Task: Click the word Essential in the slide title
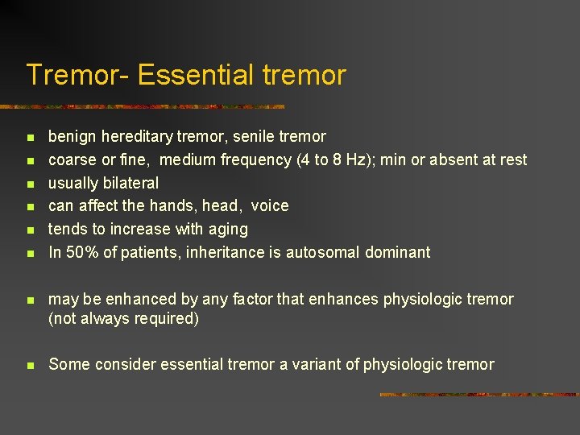pos(195,75)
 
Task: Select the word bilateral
pos(130,183)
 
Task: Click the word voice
pos(269,206)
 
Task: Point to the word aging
pos(227,230)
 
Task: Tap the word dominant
pos(398,252)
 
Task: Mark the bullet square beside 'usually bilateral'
pos(30,184)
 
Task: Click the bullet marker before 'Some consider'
pos(30,366)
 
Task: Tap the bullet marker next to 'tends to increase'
pos(30,230)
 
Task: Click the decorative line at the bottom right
pos(478,395)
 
